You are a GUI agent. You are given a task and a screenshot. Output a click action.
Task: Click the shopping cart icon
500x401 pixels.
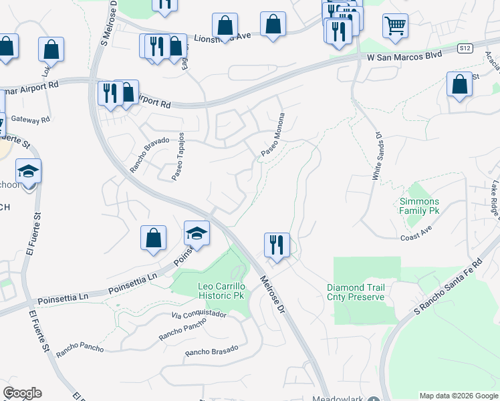395,26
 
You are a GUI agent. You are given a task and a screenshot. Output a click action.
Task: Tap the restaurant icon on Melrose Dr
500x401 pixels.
276,245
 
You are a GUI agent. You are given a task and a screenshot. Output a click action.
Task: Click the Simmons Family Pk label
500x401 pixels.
419,206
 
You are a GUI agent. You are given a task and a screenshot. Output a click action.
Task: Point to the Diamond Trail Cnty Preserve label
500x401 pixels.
356,292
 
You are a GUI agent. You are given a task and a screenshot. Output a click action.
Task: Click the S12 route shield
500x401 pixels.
466,49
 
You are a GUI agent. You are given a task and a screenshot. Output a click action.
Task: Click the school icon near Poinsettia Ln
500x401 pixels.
197,233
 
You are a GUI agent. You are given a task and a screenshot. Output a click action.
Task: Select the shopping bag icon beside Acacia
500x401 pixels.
459,85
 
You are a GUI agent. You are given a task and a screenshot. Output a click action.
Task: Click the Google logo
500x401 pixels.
22,393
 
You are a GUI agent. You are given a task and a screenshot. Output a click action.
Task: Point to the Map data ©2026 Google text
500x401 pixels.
459,396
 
